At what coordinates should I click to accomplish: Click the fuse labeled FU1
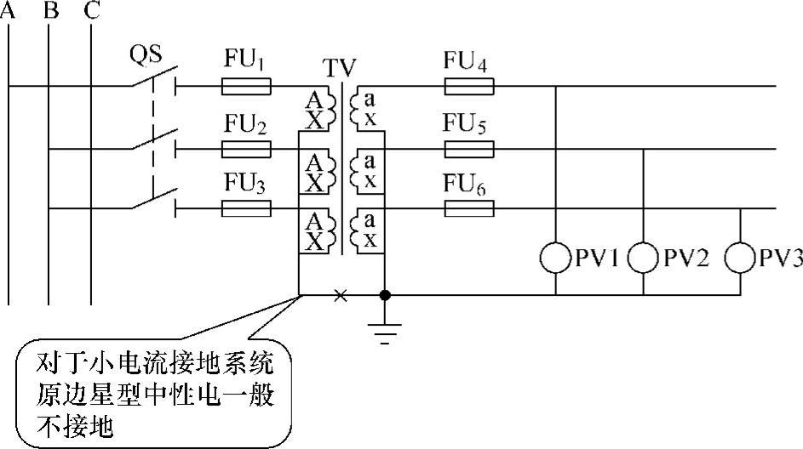(x=247, y=86)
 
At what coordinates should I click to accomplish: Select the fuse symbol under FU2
(x=247, y=150)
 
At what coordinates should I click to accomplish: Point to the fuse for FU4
(x=469, y=86)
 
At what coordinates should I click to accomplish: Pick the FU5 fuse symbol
(x=469, y=150)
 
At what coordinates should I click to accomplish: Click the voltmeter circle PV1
(x=556, y=258)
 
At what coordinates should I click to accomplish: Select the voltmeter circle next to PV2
(x=643, y=258)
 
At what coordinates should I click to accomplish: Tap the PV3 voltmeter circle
(x=741, y=258)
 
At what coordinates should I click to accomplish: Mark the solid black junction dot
(x=385, y=296)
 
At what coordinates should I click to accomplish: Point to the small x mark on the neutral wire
(x=340, y=296)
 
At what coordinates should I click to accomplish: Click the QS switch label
(x=146, y=54)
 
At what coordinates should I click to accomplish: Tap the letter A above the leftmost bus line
(x=9, y=11)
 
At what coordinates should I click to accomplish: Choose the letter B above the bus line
(x=50, y=11)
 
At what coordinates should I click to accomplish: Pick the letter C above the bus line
(x=91, y=11)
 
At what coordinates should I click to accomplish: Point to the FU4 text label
(x=471, y=61)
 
